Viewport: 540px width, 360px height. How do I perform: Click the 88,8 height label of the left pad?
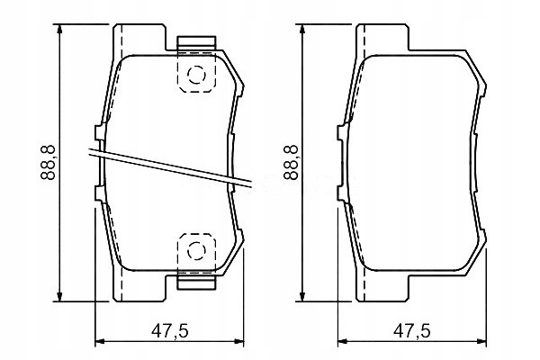48,163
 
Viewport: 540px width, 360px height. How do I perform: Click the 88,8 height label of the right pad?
290,163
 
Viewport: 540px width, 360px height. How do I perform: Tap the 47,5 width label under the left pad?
170,331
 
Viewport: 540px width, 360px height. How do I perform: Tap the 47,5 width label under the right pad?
412,331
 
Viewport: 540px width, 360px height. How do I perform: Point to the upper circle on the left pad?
196,75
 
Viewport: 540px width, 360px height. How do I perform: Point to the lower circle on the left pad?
196,250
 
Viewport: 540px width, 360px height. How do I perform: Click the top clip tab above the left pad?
196,41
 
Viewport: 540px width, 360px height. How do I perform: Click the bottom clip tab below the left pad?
196,283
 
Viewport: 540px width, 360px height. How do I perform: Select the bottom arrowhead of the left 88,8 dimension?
60,295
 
